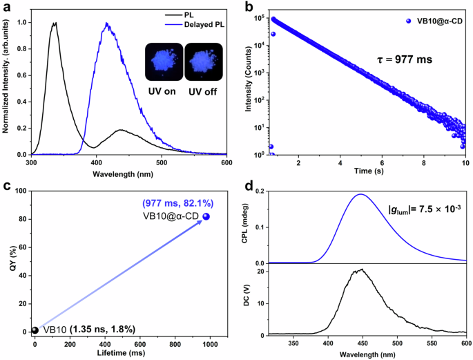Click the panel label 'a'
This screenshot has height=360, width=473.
[x=6, y=6]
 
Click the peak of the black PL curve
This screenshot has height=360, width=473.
[x=53, y=23]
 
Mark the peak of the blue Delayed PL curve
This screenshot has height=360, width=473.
[x=107, y=23]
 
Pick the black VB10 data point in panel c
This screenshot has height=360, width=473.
[x=35, y=330]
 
